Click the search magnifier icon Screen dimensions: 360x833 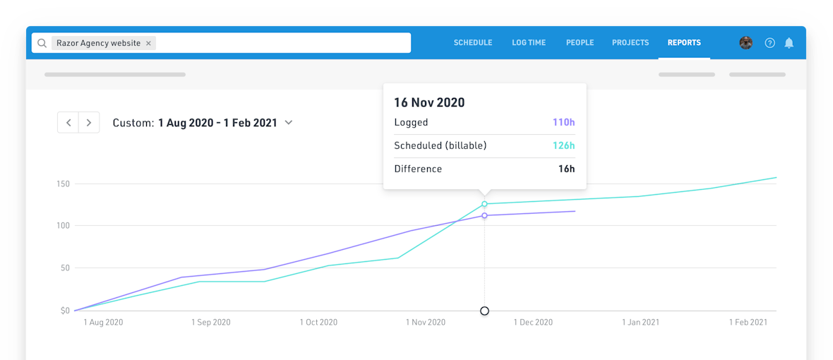[x=42, y=43]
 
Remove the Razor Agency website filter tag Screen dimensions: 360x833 [x=148, y=43]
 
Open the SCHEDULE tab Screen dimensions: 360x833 [x=472, y=42]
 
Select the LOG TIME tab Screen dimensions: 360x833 [x=529, y=42]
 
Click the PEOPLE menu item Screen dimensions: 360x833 [x=580, y=42]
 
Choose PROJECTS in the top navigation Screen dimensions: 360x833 [x=630, y=42]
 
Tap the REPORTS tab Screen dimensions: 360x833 [x=684, y=42]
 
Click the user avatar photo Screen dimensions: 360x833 [x=745, y=43]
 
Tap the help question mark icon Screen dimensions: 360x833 [x=769, y=43]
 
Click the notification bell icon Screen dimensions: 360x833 [x=789, y=43]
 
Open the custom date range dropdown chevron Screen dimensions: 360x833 [x=289, y=122]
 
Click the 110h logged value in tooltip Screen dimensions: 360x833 [x=563, y=122]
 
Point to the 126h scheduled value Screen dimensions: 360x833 [x=563, y=145]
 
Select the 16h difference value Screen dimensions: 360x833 [x=566, y=169]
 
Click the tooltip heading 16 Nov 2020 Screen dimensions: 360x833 [x=429, y=102]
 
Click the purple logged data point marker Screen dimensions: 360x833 [x=484, y=215]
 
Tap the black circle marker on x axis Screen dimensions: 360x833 [x=484, y=311]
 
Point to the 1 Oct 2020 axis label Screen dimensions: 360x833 [x=318, y=322]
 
